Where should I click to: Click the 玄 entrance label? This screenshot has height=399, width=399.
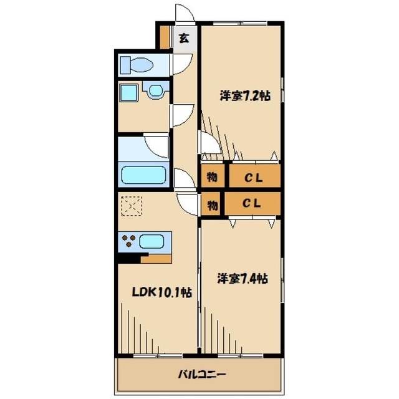pyautogui.click(x=184, y=39)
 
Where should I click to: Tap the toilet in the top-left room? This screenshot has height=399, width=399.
pyautogui.click(x=137, y=65)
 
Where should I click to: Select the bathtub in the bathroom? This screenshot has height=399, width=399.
pyautogui.click(x=143, y=175)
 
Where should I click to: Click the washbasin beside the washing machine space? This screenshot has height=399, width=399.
pyautogui.click(x=156, y=90)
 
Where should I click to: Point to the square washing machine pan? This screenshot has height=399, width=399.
pyautogui.click(x=129, y=93)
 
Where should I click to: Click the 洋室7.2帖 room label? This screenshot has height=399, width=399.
pyautogui.click(x=245, y=96)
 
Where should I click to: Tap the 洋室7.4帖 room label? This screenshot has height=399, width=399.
pyautogui.click(x=243, y=279)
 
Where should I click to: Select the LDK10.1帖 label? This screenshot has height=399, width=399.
pyautogui.click(x=161, y=292)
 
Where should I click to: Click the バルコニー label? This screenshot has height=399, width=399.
pyautogui.click(x=201, y=374)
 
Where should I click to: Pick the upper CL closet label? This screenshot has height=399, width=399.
pyautogui.click(x=254, y=178)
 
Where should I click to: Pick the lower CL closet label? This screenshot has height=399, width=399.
pyautogui.click(x=251, y=203)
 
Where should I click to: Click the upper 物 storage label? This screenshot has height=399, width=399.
pyautogui.click(x=212, y=177)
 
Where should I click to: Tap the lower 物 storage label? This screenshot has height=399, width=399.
pyautogui.click(x=212, y=205)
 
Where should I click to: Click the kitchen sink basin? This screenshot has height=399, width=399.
pyautogui.click(x=151, y=241)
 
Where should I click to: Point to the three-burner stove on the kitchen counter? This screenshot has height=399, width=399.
pyautogui.click(x=129, y=241)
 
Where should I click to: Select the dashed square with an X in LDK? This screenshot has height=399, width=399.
pyautogui.click(x=132, y=206)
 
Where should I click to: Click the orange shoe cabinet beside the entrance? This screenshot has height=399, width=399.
pyautogui.click(x=164, y=37)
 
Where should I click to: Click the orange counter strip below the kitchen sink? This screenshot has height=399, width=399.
pyautogui.click(x=156, y=259)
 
